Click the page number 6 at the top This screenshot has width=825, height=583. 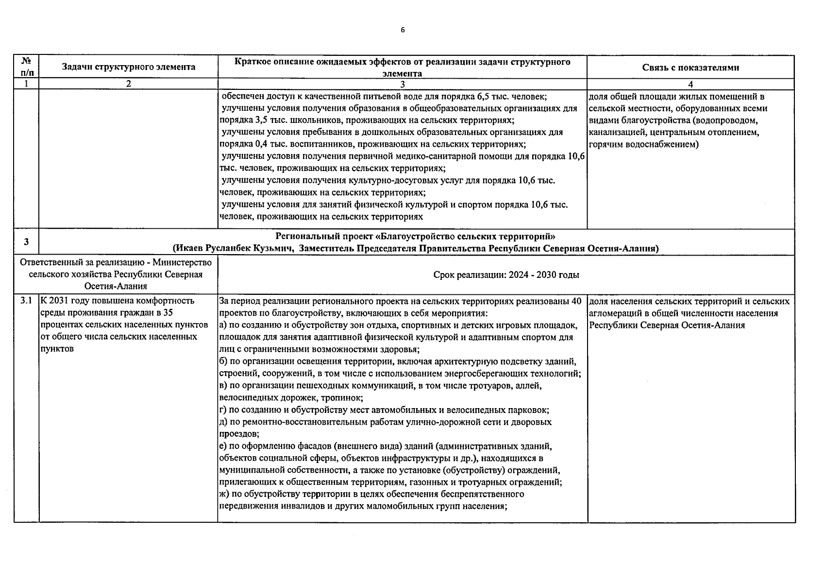[x=403, y=30]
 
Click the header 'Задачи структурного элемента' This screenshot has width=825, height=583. [x=129, y=67]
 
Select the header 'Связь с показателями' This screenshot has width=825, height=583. [x=690, y=68]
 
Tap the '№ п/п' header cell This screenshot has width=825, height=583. [x=26, y=67]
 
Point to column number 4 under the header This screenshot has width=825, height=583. [x=690, y=84]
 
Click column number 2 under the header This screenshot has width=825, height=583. [x=129, y=84]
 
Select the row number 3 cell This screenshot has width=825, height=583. [x=26, y=242]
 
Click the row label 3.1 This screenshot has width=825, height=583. [x=26, y=301]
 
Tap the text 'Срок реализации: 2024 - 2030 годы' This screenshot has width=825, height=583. [x=506, y=275]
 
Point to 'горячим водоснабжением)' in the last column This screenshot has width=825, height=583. [x=643, y=144]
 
